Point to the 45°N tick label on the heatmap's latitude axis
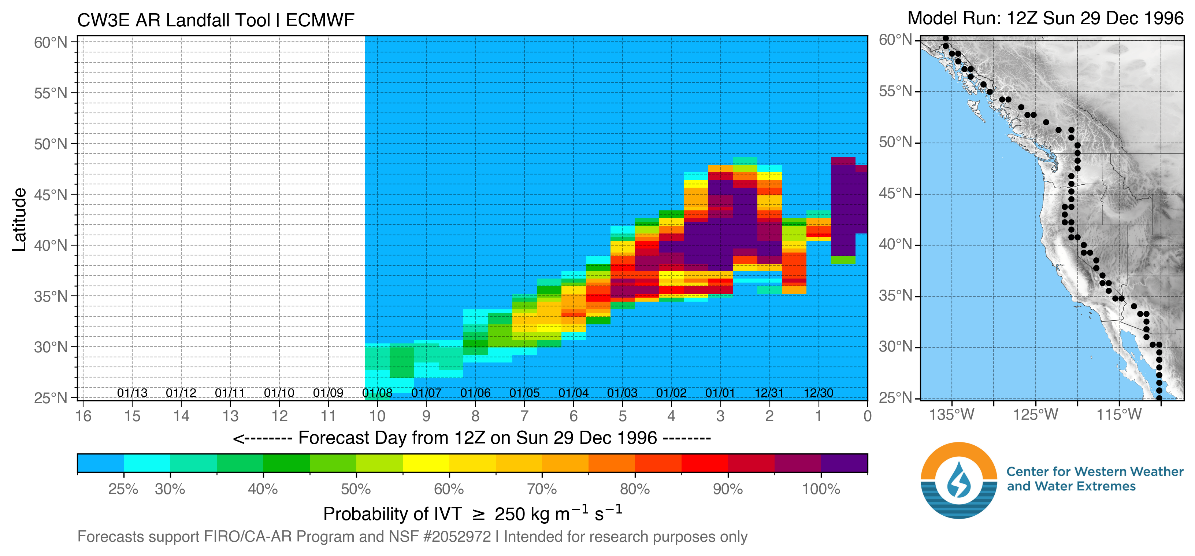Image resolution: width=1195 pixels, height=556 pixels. [51, 195]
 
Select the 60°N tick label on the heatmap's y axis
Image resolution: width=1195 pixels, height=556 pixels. [51, 43]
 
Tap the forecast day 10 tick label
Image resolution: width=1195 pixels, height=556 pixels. [377, 416]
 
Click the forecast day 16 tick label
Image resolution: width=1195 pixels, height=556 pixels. [83, 416]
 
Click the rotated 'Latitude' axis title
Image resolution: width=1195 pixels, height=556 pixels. [19, 220]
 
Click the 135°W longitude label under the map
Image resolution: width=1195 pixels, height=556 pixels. [952, 414]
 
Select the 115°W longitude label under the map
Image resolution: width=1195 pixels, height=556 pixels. [1119, 414]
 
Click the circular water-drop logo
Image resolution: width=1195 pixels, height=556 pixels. [959, 480]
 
